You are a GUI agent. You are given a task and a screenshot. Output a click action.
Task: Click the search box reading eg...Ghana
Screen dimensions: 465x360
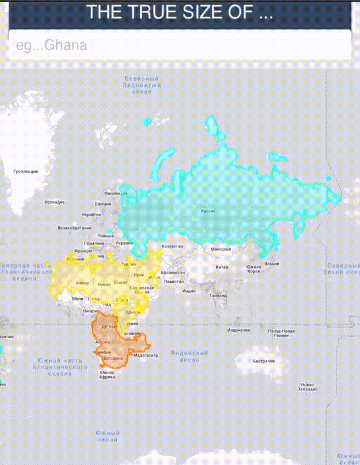tap(179, 44)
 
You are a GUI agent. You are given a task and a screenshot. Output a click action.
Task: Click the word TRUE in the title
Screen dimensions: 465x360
tap(153, 13)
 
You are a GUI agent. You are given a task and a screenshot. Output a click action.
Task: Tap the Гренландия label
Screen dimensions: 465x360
tap(26, 172)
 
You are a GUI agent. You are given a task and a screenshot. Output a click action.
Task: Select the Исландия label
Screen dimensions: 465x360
tap(55, 202)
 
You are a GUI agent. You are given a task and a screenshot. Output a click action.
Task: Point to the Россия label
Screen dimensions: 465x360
tap(207, 211)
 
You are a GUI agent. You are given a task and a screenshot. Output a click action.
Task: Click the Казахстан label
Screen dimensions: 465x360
tap(172, 247)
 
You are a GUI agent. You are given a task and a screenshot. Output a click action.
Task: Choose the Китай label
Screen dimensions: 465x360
tap(222, 267)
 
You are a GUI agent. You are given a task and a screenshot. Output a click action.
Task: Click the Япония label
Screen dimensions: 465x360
tap(271, 263)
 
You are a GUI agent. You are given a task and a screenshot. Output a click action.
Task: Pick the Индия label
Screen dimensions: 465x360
tap(189, 291)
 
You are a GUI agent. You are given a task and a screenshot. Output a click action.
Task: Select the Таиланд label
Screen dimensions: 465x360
tap(218, 296)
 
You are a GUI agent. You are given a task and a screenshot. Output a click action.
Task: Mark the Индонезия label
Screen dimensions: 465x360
tap(239, 330)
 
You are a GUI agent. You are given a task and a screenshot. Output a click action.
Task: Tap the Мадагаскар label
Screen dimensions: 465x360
tap(146, 355)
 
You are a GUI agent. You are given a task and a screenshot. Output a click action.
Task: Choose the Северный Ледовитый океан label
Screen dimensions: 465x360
tap(142, 86)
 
